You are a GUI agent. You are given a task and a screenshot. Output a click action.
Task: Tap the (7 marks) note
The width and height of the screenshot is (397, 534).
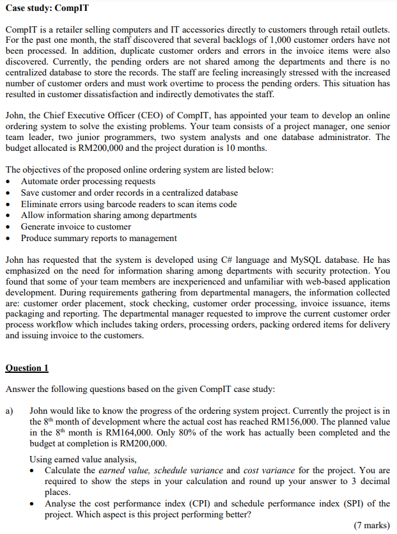[371, 525]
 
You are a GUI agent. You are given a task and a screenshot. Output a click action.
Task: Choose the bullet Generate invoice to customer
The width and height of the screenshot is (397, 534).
[76, 226]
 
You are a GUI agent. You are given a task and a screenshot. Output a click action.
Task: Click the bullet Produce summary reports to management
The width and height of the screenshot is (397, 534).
[99, 238]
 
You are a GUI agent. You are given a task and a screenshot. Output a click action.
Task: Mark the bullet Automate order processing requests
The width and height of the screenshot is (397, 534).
[88, 181]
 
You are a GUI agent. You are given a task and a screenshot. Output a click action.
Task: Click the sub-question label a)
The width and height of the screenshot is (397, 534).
[10, 410]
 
